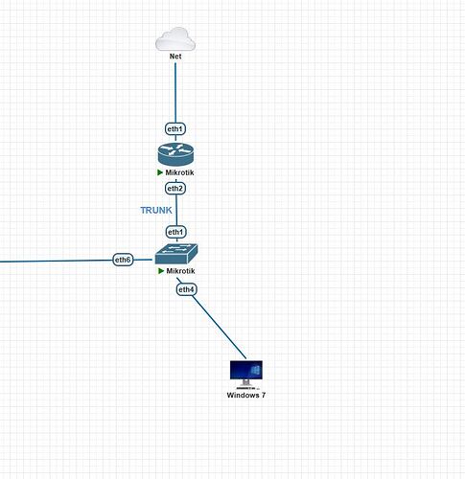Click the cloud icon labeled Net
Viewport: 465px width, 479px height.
coord(175,39)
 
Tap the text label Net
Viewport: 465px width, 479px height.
coord(175,57)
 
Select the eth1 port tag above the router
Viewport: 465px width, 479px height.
coord(175,128)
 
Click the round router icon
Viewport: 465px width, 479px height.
coord(175,154)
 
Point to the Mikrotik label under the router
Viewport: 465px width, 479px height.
coord(179,172)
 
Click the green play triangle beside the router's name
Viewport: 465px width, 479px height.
coord(160,172)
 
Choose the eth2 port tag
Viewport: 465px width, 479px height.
coord(175,189)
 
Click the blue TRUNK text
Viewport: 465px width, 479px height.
coord(156,210)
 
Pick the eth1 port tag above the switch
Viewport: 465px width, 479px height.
coord(175,232)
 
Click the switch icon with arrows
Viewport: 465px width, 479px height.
coord(176,254)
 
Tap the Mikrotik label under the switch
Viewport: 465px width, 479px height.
coord(180,271)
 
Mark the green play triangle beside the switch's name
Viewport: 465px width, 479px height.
coord(161,271)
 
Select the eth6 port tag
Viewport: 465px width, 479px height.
coord(123,260)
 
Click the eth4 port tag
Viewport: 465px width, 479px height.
coord(186,289)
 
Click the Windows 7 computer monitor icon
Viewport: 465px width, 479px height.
coord(246,375)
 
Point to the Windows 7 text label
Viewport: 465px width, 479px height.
coord(246,395)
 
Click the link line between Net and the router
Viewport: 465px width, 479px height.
coord(175,93)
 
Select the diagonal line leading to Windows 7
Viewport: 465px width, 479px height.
coord(220,327)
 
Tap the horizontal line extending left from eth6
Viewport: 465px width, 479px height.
coord(57,261)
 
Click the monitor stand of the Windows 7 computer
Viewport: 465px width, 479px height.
coord(245,383)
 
